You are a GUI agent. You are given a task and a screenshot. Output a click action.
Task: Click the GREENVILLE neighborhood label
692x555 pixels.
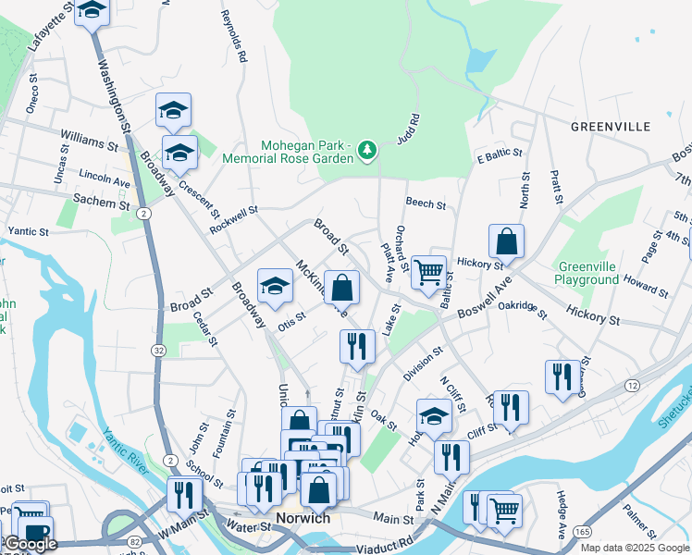tap(623, 126)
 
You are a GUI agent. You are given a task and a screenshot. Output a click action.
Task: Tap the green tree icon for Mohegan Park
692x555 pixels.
tap(367, 149)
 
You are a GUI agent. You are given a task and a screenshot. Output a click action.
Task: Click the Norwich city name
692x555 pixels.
tap(303, 518)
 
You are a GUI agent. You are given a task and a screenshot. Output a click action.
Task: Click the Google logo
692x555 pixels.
tap(31, 544)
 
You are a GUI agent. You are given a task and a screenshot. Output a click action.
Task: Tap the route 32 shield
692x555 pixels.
tap(160, 351)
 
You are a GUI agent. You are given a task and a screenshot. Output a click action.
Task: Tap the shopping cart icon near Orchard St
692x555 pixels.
tap(429, 273)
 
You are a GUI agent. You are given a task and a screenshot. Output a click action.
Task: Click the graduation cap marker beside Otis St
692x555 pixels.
tap(275, 288)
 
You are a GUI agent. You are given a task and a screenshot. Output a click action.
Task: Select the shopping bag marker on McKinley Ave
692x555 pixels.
tap(341, 288)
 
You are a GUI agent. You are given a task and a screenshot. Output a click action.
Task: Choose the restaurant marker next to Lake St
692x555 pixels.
tap(357, 347)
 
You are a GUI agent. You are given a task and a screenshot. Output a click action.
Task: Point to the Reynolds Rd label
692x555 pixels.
tap(233, 37)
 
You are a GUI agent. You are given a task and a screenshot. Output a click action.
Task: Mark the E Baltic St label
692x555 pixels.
tap(500, 154)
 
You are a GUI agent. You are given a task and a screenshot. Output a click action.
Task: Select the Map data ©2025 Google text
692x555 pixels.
tap(634, 548)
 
